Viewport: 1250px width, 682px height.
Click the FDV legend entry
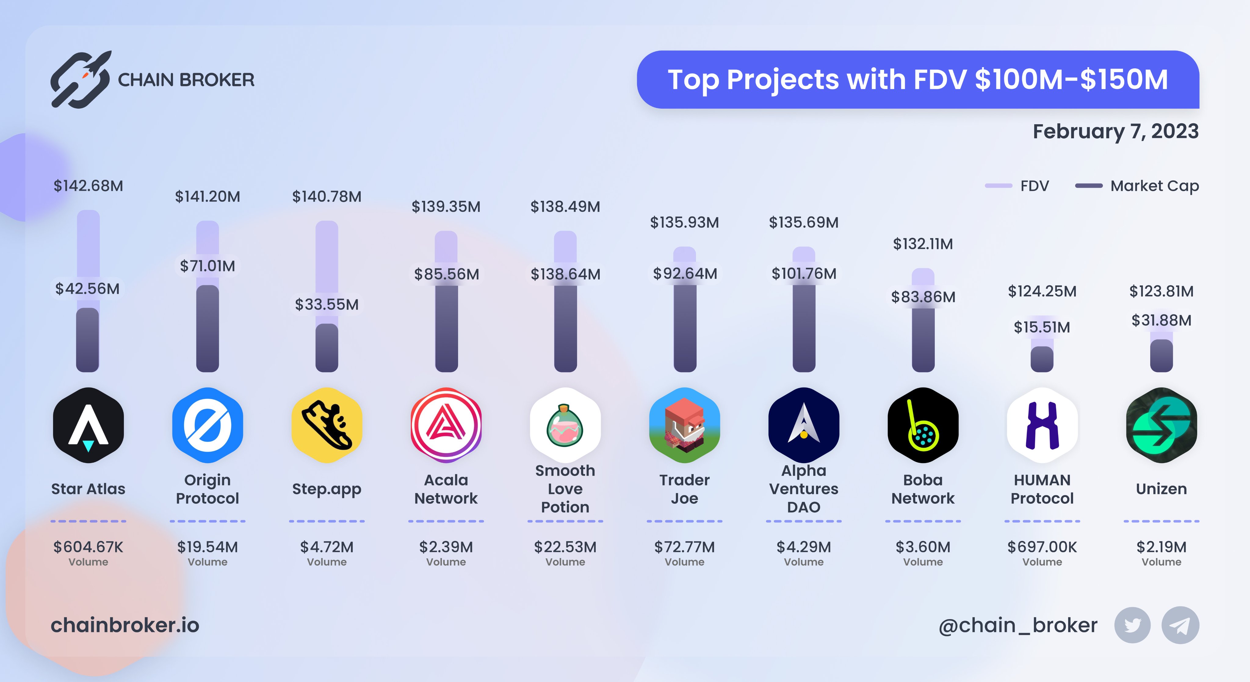pos(1017,186)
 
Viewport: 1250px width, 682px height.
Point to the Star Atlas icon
pos(88,425)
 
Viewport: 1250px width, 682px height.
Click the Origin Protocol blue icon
pos(208,425)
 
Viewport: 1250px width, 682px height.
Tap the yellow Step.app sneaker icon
pos(327,425)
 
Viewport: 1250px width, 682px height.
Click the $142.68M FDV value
pos(88,186)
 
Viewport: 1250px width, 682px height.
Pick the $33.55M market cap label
pos(327,304)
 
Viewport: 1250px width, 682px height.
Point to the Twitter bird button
pos(1132,625)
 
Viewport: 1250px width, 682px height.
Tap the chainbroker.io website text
pos(125,625)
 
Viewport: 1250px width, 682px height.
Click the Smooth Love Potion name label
pos(565,489)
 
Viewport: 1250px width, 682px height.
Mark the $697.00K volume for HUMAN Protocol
pos(1042,547)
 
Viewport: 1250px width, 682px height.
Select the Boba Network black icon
pos(923,425)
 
